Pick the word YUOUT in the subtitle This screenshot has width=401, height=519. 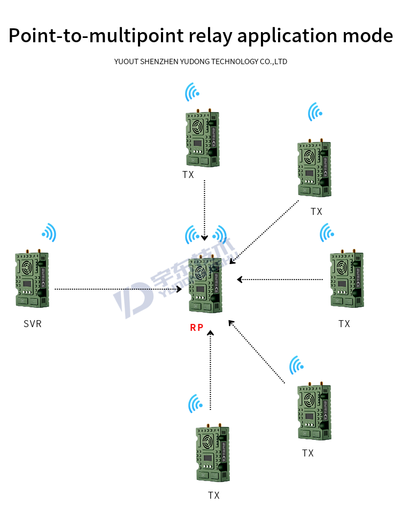[x=126, y=61]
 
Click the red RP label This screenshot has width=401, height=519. [x=197, y=328]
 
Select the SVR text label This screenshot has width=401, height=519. [x=32, y=324]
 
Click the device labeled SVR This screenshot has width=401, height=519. [x=32, y=279]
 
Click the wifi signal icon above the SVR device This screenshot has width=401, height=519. [x=49, y=233]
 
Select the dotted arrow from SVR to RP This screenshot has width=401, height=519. [x=118, y=289]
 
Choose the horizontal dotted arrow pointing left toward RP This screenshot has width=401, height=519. [x=281, y=279]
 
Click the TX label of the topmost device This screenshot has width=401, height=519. [x=188, y=175]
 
